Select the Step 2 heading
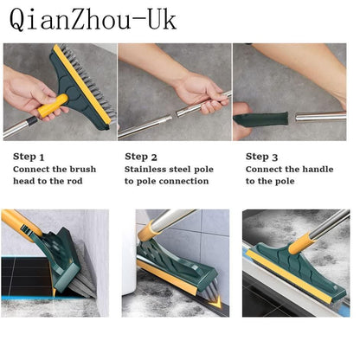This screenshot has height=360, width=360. coord(141,157)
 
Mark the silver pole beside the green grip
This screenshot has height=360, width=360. coord(320,116)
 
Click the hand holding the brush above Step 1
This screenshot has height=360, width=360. coord(30,91)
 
